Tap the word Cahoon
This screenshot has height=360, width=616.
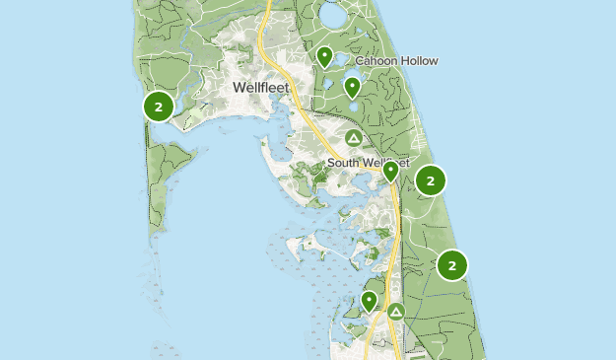coord(376,61)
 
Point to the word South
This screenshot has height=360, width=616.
coord(347,162)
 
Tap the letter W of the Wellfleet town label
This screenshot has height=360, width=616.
coord(240,88)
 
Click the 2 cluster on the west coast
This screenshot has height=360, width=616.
coord(159,106)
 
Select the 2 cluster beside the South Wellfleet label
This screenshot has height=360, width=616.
coord(431,180)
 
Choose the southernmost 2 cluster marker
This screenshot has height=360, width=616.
coord(451,264)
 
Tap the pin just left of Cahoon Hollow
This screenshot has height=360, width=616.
coord(324,57)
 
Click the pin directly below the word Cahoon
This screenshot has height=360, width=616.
coord(352,88)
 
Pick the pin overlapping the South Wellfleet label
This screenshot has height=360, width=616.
coord(390,172)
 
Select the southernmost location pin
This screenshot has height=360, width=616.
coord(370,301)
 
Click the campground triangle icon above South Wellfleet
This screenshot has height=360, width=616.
coord(354,137)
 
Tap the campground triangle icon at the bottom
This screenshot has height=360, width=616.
coord(396,312)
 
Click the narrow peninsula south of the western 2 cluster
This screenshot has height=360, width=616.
coord(158,187)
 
